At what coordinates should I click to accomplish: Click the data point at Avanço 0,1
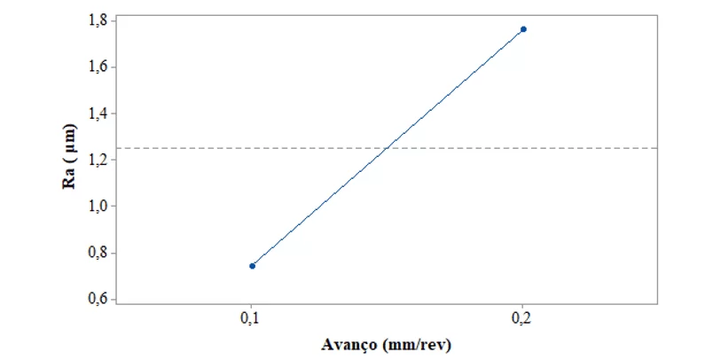tap(253, 265)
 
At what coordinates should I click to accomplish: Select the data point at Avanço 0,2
tap(523, 29)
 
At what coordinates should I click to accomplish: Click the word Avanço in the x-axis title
tap(352, 344)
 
